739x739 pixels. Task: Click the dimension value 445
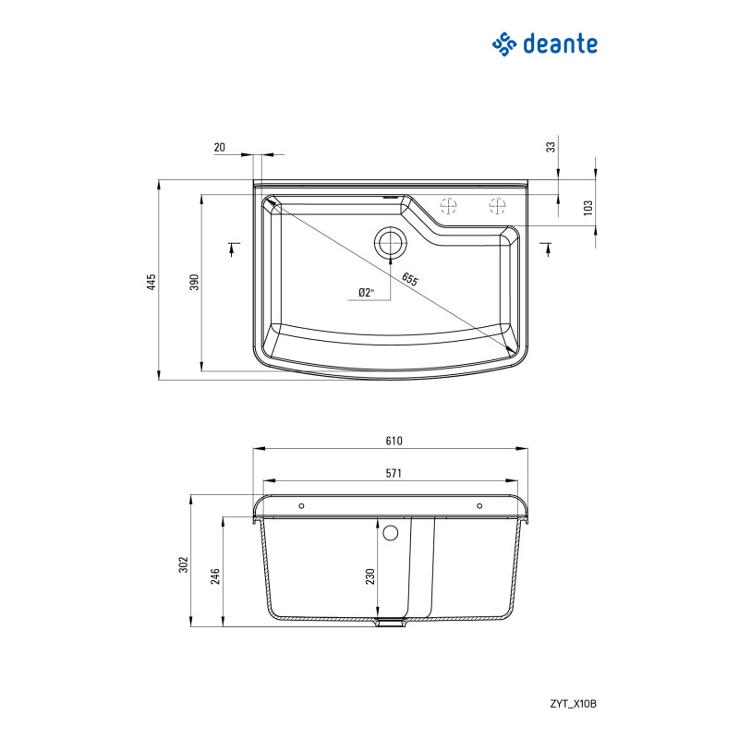click(151, 280)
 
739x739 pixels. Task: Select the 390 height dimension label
click(194, 282)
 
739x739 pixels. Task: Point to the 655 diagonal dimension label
click(408, 278)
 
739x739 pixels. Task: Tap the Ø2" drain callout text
click(366, 293)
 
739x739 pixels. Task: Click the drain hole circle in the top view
click(389, 243)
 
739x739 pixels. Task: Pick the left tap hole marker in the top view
click(449, 205)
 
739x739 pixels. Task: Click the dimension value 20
click(219, 147)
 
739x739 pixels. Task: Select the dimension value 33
click(551, 147)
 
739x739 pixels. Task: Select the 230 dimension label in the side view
click(369, 576)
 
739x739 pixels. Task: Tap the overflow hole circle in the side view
click(390, 533)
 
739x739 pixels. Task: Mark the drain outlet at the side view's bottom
click(391, 624)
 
